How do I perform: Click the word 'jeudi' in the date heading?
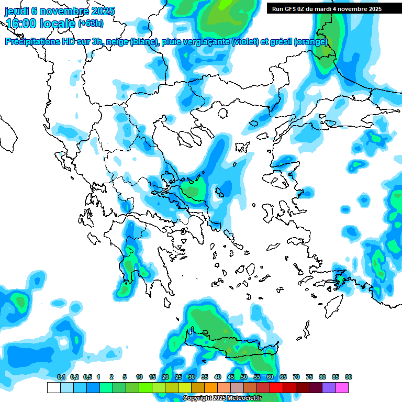[17, 10]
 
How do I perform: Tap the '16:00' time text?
[20, 24]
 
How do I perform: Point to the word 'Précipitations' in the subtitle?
[32, 42]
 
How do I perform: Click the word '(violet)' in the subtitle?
[244, 42]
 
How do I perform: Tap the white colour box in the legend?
[53, 388]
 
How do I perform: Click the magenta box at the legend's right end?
[342, 388]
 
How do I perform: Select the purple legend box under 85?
[329, 388]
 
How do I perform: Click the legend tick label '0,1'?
[61, 377]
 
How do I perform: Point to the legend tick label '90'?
[348, 377]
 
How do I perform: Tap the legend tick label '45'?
[230, 377]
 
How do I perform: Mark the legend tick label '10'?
[139, 377]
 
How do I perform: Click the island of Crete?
[230, 351]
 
